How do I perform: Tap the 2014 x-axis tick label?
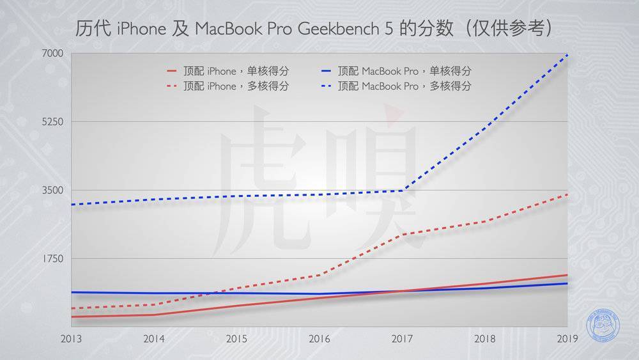tap(153, 339)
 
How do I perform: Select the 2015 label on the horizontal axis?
tap(236, 339)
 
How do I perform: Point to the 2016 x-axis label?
tap(319, 339)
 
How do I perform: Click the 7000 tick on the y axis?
tap(52, 53)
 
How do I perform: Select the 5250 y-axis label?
tap(52, 121)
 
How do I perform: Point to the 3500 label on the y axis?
tap(52, 190)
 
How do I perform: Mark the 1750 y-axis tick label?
tap(52, 258)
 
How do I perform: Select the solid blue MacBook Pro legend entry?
tap(396, 71)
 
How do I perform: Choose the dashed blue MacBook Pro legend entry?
tap(396, 86)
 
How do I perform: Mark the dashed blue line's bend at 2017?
tap(403, 190)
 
